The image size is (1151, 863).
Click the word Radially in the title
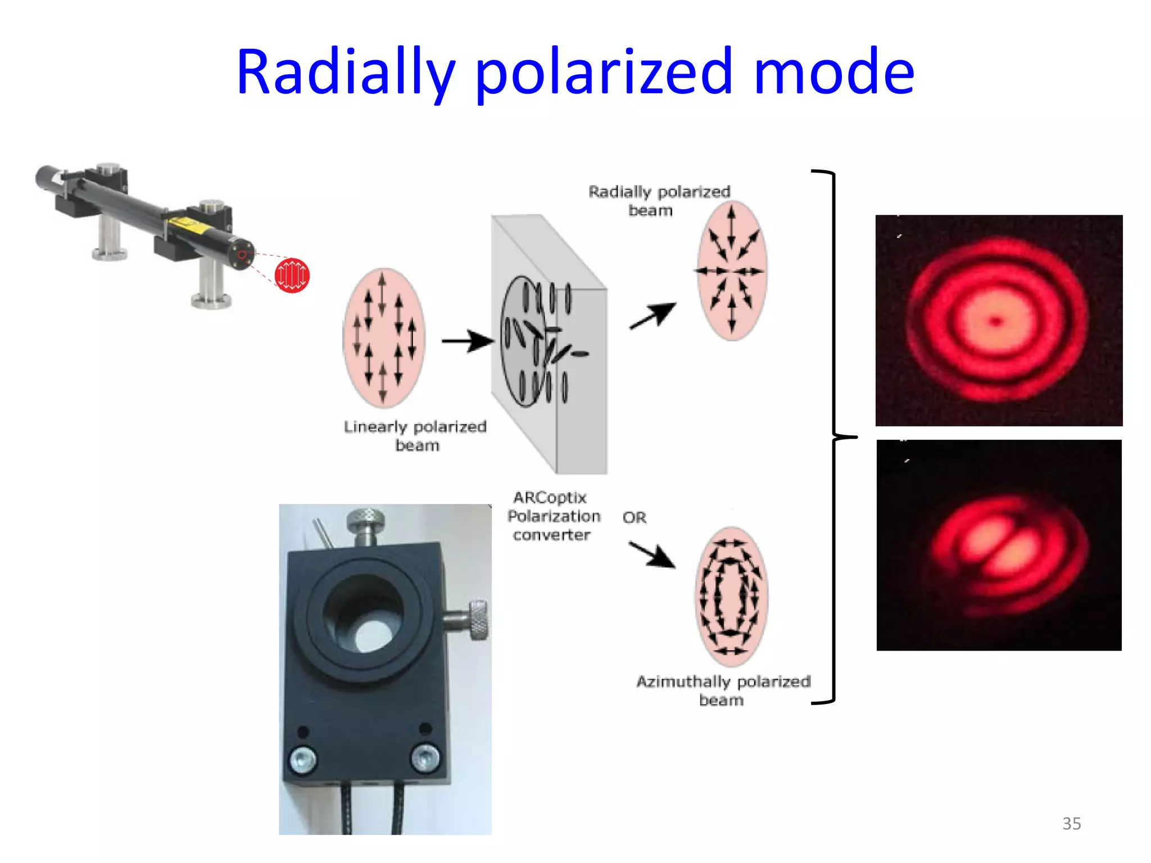point(345,73)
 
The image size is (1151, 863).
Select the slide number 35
point(1071,824)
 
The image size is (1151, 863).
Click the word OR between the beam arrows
point(635,517)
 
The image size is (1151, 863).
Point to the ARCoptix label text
point(550,498)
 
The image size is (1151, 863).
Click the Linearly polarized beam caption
point(415,436)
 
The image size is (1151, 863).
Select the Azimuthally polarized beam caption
point(723,691)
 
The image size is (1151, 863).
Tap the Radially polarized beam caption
point(659,201)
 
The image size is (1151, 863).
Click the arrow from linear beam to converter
point(467,341)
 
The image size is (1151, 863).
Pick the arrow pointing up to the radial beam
point(652,316)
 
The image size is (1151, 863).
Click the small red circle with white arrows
point(292,275)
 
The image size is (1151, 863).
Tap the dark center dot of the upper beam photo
point(996,322)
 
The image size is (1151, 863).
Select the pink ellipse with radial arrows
point(732,270)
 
